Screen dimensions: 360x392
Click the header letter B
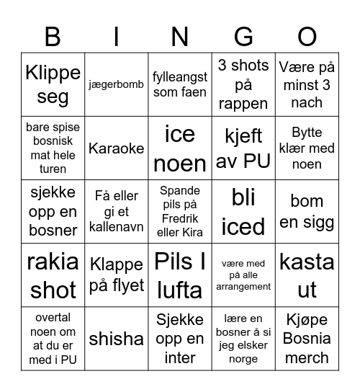pos(53,36)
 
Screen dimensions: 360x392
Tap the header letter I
pos(117,36)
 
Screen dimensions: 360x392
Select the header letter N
pos(180,36)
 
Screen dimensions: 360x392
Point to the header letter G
pos(243,36)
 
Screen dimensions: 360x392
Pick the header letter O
pos(307,36)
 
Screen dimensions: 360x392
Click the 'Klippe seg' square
pos(53,84)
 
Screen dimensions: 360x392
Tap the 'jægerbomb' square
pos(117,84)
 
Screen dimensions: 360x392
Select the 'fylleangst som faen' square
pos(180,84)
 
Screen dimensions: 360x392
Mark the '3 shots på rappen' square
pos(243,84)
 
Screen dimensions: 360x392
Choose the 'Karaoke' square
pos(117,148)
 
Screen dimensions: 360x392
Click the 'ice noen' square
pos(180,148)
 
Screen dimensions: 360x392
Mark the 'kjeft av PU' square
pos(243,148)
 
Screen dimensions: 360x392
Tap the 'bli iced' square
pos(243,212)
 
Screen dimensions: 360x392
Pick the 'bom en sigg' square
pos(307,212)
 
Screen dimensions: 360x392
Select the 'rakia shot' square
pos(53,276)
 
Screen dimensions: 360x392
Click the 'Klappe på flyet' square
pos(117,276)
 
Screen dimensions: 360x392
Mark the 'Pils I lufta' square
pos(180,276)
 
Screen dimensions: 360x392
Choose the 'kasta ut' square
pos(307,276)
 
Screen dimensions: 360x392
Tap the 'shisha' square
pos(117,339)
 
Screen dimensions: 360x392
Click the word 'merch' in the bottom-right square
pos(307,358)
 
